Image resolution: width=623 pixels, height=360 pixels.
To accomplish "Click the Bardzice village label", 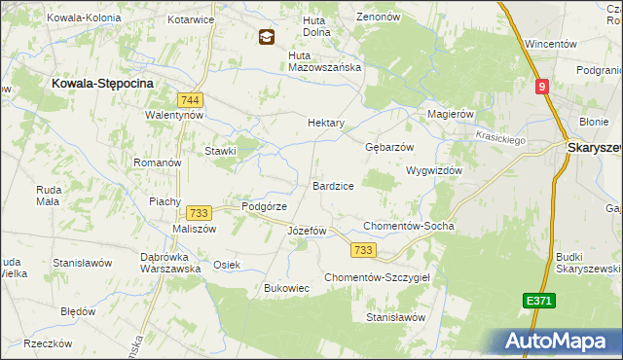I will click(333, 185).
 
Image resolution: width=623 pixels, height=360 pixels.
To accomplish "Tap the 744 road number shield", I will click(190, 99).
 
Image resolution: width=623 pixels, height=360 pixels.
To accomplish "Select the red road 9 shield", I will click(541, 87).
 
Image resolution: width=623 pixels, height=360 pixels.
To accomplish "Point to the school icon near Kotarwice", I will click(265, 37).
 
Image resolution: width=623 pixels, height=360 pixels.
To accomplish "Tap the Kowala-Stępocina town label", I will click(102, 85).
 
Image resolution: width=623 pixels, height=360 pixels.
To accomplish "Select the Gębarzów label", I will click(389, 147).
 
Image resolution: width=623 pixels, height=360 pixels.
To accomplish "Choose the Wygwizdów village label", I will click(433, 169).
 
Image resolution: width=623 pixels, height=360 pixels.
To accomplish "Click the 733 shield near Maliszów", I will click(199, 213).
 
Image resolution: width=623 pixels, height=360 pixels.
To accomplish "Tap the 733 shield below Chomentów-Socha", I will click(363, 250).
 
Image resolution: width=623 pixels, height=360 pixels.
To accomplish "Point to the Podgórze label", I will click(263, 206).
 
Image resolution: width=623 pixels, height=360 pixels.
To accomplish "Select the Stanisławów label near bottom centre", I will click(396, 317).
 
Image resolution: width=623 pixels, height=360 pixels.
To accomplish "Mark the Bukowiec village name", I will click(287, 288).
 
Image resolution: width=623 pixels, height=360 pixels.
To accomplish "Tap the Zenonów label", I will click(379, 18).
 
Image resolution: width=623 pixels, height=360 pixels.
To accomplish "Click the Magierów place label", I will click(451, 114).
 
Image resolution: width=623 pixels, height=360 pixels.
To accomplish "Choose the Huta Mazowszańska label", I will click(325, 67).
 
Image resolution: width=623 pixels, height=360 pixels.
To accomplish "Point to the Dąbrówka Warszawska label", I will click(170, 262).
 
